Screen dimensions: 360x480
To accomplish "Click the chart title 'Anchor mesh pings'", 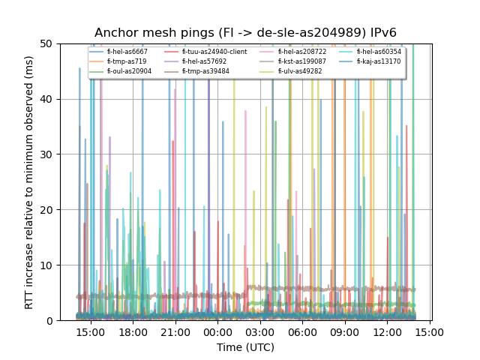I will click(245, 33).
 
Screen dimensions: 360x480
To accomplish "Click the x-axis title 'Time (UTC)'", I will click(245, 347).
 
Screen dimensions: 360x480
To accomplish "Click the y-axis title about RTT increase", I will click(29, 182).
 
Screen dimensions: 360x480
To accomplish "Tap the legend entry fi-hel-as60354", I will click(379, 52).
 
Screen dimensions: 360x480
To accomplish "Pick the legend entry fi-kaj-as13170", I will click(379, 61).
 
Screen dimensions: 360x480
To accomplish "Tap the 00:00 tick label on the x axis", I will click(217, 331).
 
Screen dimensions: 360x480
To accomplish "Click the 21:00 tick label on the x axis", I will click(175, 331).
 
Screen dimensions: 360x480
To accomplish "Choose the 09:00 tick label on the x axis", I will click(344, 331).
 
